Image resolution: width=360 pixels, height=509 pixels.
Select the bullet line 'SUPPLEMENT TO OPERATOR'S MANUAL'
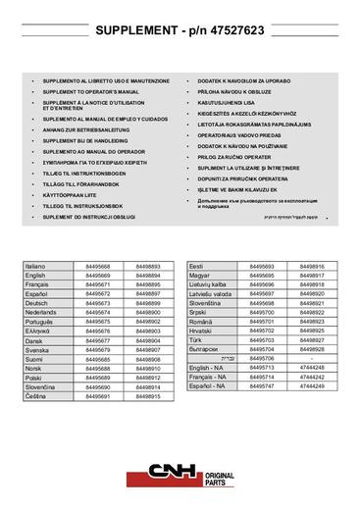point(91,91)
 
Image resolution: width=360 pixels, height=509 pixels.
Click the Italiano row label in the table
point(35,267)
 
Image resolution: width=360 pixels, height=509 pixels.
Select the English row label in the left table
point(35,276)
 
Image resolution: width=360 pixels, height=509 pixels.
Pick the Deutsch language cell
point(36,303)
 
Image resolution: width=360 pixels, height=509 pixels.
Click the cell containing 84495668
point(98,267)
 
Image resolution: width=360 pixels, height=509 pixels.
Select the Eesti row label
point(196,267)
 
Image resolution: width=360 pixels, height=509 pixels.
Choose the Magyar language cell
point(199,276)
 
